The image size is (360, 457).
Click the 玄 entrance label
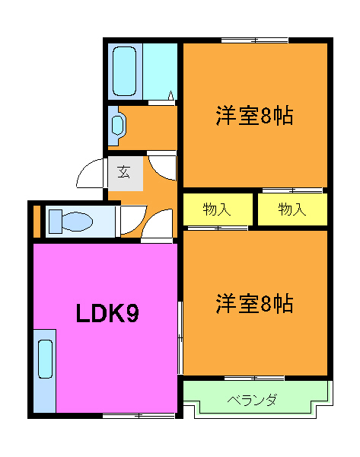123,172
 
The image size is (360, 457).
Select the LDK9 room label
106,313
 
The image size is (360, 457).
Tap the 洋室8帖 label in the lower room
254,304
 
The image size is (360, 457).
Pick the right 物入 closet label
292,209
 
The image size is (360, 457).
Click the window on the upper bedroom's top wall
255,40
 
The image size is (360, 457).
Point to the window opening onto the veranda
255,378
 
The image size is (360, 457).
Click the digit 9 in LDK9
132,313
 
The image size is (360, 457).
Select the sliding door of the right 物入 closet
292,190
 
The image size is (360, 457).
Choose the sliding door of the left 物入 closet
218,227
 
